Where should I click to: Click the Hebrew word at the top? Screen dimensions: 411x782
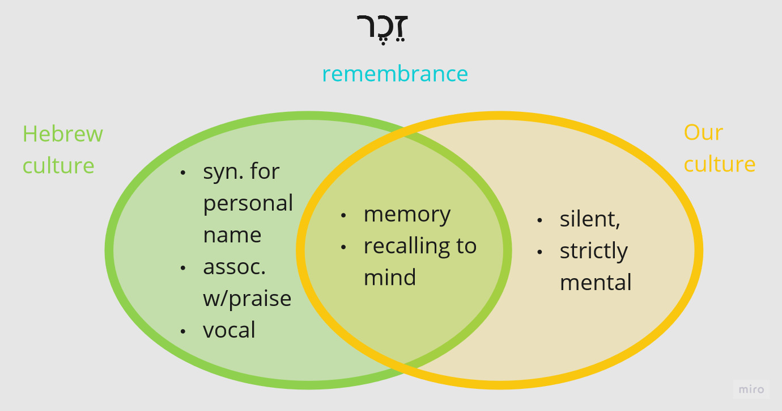pyautogui.click(x=383, y=28)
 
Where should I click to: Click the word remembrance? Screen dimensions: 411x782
pyautogui.click(x=395, y=74)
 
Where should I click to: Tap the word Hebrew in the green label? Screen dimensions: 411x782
pyautogui.click(x=63, y=134)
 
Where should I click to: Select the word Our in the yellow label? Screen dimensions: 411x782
pyautogui.click(x=703, y=132)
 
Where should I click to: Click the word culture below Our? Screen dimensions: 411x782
pyautogui.click(x=719, y=164)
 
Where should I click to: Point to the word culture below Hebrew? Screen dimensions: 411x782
pyautogui.click(x=58, y=166)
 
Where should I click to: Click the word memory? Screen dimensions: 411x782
pyautogui.click(x=407, y=214)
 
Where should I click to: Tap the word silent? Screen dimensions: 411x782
pyautogui.click(x=590, y=219)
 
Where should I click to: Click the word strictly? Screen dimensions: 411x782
pyautogui.click(x=594, y=251)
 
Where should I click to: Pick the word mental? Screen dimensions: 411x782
pyautogui.click(x=596, y=283)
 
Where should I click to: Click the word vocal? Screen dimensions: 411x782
pyautogui.click(x=229, y=330)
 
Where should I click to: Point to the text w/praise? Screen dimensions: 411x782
pyautogui.click(x=247, y=298)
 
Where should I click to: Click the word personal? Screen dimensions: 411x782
pyautogui.click(x=248, y=203)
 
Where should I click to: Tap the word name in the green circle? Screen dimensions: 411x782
pyautogui.click(x=232, y=235)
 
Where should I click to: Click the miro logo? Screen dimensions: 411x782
pyautogui.click(x=751, y=389)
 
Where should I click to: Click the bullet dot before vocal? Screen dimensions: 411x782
pyautogui.click(x=183, y=330)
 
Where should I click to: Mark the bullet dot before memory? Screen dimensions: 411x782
pyautogui.click(x=343, y=215)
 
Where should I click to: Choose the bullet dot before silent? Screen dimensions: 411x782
pyautogui.click(x=539, y=220)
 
